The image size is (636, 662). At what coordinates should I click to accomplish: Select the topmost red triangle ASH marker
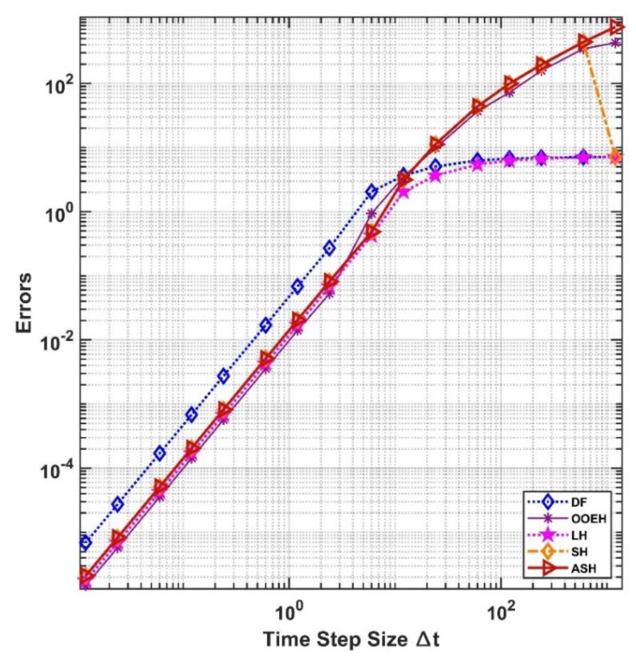point(617,27)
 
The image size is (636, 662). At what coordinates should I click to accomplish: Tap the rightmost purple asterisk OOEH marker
point(615,43)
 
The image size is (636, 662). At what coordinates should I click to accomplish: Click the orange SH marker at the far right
point(615,157)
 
